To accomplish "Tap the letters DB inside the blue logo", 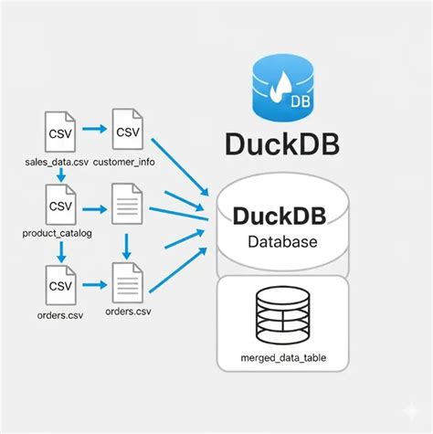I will click(298, 101).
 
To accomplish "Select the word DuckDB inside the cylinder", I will click(283, 217).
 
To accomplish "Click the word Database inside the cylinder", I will click(283, 243).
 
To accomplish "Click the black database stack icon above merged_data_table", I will click(282, 312).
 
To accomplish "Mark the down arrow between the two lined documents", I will click(128, 244).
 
